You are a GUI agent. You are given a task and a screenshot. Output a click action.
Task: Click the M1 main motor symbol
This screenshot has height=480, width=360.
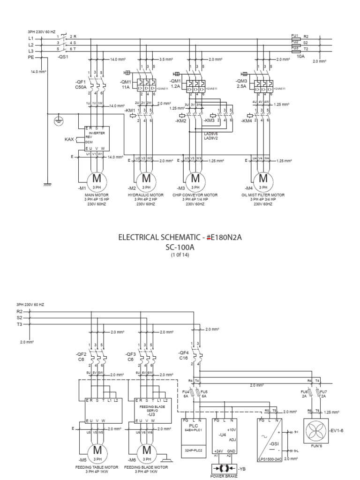pos(96,179)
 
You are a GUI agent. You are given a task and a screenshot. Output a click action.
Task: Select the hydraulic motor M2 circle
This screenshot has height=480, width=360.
pos(146,179)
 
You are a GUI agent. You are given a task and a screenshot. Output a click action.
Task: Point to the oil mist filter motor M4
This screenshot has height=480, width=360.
pos(263,179)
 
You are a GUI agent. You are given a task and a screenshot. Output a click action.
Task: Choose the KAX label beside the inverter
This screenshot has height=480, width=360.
pos(70,140)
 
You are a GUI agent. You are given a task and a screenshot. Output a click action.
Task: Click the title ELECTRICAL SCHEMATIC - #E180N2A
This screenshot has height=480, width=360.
pos(180,238)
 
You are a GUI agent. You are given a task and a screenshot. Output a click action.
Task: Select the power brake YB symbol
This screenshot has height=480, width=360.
pos(223,468)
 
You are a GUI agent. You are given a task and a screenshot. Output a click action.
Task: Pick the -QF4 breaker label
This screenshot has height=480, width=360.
pos(184,352)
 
